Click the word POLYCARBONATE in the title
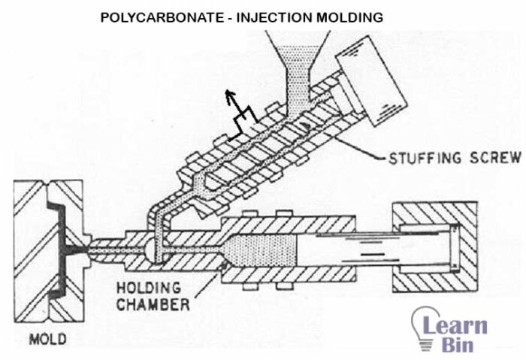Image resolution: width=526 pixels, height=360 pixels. point(145,15)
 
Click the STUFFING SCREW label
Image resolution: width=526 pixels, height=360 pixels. point(454,158)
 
